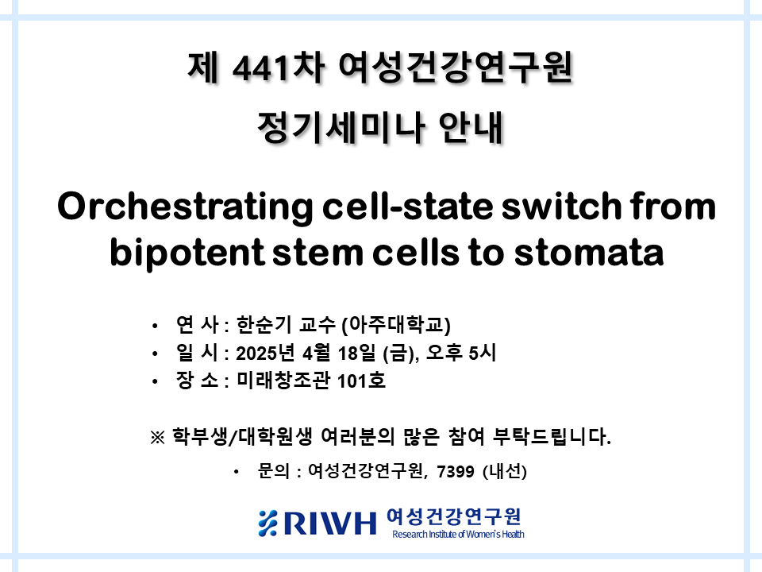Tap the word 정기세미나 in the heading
coord(341,127)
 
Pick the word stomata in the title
coord(589,253)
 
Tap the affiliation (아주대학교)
coord(396,325)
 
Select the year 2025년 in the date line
coord(265,353)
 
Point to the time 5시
coord(482,353)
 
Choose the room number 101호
coord(361,381)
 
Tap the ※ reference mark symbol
coord(157,437)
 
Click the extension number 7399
coord(456,471)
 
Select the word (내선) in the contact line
coord(505,471)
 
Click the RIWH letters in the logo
coord(330,524)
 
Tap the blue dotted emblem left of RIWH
coord(267,524)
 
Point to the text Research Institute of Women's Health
coord(458,534)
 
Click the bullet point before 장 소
coord(155,381)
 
